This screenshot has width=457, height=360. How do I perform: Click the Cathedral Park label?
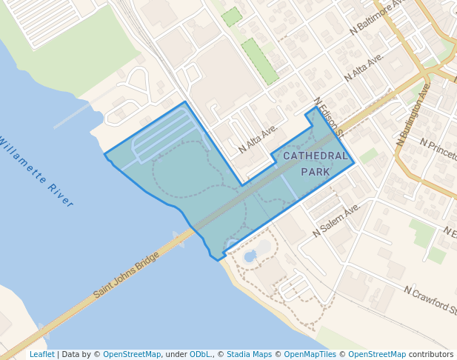coord(316,164)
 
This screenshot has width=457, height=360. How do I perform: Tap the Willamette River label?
coord(37,171)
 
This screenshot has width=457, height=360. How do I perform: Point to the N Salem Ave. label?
coord(336,220)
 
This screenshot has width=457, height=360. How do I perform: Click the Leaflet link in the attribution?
coord(42,355)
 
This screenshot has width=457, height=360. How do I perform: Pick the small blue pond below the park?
coord(250,256)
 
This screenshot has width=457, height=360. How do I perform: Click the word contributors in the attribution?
coord(431,355)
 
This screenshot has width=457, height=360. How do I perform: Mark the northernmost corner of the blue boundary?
coord(317,107)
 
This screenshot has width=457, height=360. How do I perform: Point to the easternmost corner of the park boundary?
coord(354,162)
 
